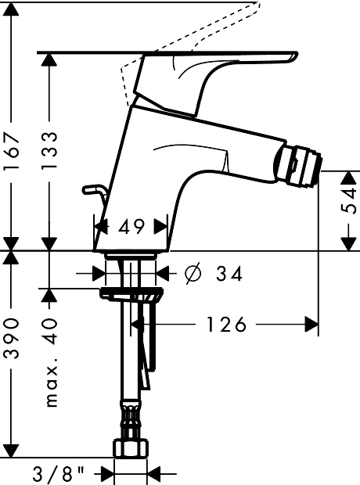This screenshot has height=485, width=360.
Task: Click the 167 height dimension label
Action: pos(12,151)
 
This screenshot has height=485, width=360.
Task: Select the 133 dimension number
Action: pos(49,151)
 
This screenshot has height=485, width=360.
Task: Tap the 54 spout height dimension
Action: pos(349,201)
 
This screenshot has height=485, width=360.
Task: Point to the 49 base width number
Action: pos(131,226)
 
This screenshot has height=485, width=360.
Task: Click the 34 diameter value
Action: pos(229,274)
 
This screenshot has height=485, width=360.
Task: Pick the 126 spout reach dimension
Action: pos(226,325)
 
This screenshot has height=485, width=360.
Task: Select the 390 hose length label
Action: pos(12,338)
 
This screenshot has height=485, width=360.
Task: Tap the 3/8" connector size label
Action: pos(58,473)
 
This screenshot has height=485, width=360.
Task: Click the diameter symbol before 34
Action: pos(193,274)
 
